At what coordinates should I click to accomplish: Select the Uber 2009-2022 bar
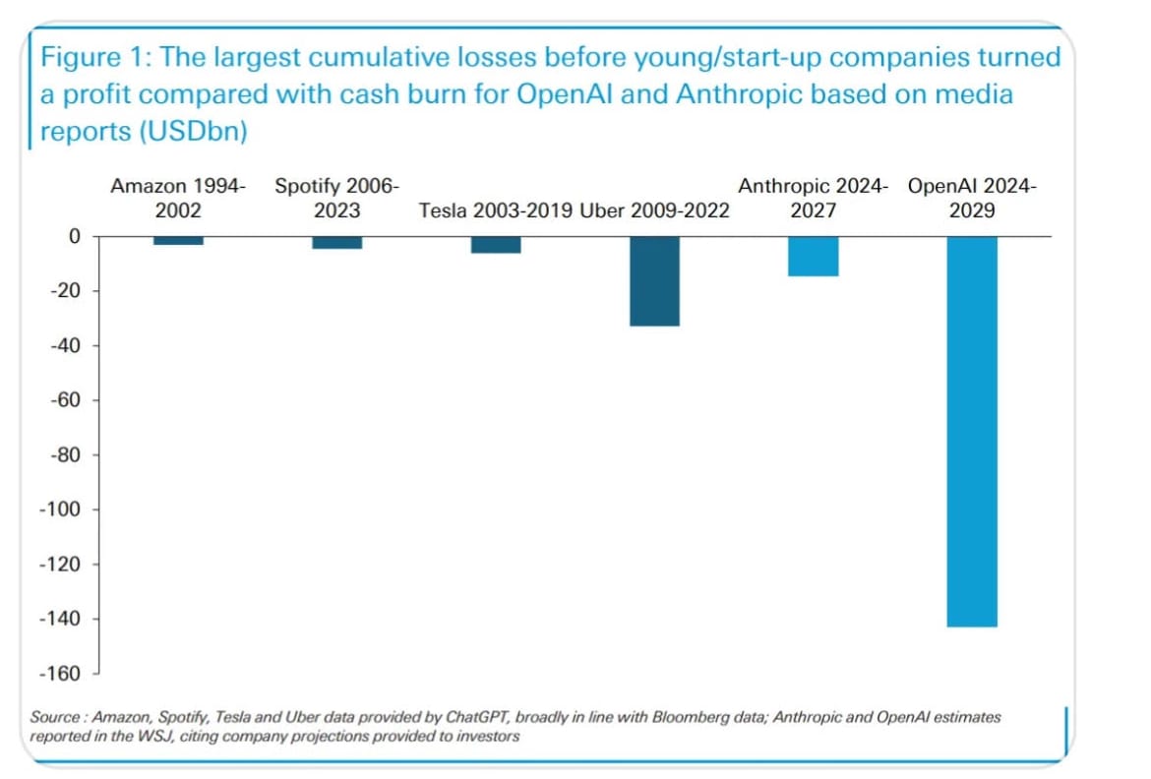(654, 281)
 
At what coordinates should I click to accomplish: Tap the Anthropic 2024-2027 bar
(814, 256)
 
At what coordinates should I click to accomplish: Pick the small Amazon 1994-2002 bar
(178, 241)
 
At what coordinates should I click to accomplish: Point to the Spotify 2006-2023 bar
(336, 243)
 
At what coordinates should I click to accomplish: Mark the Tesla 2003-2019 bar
(496, 245)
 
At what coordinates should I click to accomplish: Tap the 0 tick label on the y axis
(73, 236)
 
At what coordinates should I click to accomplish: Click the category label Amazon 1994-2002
(178, 198)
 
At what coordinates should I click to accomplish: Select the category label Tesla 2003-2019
(496, 210)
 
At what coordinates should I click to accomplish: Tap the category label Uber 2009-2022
(655, 210)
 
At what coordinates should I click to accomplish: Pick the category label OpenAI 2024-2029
(972, 198)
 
